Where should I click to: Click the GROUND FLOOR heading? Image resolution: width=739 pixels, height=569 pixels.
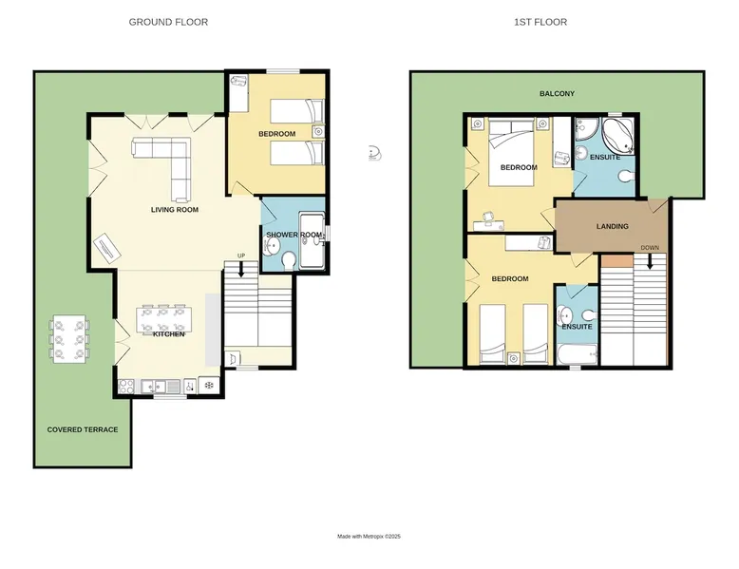pyautogui.click(x=168, y=22)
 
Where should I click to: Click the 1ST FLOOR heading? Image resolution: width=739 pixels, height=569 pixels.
pyautogui.click(x=540, y=22)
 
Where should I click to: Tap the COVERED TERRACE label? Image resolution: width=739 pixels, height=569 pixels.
pyautogui.click(x=83, y=430)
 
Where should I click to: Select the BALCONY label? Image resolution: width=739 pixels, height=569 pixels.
pyautogui.click(x=557, y=94)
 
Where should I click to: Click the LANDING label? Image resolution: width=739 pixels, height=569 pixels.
pyautogui.click(x=613, y=226)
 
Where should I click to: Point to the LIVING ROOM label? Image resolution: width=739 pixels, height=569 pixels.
pyautogui.click(x=175, y=210)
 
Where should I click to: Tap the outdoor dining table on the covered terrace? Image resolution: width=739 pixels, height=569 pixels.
pyautogui.click(x=69, y=339)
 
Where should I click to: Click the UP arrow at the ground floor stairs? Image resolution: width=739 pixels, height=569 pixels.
pyautogui.click(x=241, y=268)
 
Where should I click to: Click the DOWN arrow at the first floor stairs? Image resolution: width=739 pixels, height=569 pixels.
pyautogui.click(x=650, y=261)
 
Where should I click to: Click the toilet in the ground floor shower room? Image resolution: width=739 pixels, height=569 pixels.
pyautogui.click(x=289, y=259)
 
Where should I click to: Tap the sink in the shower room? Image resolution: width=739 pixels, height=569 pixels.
pyautogui.click(x=272, y=245)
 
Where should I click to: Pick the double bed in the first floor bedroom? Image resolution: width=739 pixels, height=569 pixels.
pyautogui.click(x=511, y=152)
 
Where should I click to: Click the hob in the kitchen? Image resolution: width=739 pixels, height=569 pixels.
pyautogui.click(x=126, y=386)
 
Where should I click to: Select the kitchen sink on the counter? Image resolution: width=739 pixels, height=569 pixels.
pyautogui.click(x=161, y=387)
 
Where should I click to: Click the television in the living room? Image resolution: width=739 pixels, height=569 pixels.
pyautogui.click(x=107, y=249)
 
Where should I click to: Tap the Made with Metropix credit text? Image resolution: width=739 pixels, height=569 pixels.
pyautogui.click(x=369, y=537)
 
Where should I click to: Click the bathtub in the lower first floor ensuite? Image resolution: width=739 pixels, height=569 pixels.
pyautogui.click(x=578, y=355)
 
